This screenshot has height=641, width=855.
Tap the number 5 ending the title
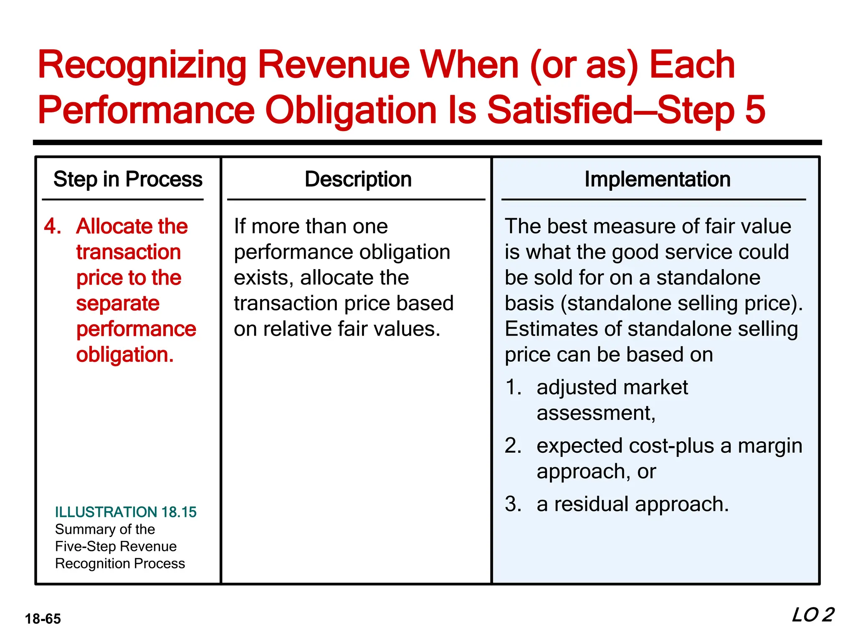(755, 110)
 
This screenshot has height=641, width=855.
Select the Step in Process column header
(128, 179)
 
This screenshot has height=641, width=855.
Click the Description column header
(358, 179)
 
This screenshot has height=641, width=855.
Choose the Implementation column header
(658, 179)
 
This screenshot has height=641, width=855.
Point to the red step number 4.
(53, 227)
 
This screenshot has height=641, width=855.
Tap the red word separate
(118, 303)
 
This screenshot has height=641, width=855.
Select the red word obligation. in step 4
(125, 355)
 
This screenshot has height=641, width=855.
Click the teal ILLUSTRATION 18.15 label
(126, 512)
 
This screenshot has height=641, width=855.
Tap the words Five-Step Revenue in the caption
(116, 546)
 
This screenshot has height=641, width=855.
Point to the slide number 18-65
(43, 619)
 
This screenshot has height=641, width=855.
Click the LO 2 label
(812, 615)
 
